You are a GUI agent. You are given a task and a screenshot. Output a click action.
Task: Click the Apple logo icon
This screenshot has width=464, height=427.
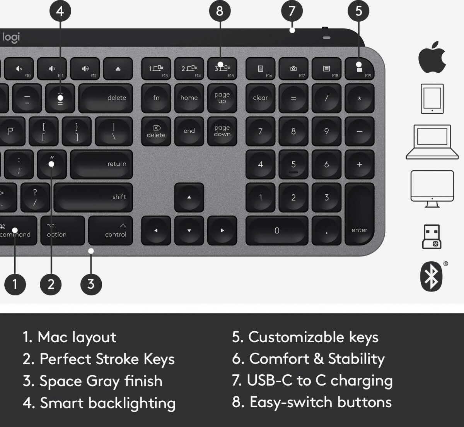(432, 57)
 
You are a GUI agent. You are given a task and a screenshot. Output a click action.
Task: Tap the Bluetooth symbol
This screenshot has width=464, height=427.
(431, 276)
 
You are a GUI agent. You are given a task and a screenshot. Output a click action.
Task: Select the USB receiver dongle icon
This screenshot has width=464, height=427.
(432, 237)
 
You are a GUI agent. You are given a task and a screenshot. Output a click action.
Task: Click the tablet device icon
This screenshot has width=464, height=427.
(432, 99)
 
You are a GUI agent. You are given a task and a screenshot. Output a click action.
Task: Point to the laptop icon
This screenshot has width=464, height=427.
(432, 142)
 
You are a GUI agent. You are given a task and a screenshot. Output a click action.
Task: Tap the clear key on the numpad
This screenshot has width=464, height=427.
(260, 98)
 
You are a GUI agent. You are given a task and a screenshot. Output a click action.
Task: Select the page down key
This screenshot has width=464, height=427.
(222, 131)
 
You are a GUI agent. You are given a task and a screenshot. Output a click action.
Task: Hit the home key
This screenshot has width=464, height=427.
(189, 98)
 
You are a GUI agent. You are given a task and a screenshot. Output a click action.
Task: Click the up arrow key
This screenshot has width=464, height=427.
(189, 197)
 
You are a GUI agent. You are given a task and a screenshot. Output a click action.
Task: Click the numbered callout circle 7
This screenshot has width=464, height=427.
(292, 11)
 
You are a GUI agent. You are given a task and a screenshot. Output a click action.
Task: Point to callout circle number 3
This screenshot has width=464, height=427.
(91, 284)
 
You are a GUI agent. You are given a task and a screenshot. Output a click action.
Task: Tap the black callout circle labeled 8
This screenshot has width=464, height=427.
(220, 11)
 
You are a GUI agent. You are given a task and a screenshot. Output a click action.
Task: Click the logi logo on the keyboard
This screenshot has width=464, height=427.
(11, 38)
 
